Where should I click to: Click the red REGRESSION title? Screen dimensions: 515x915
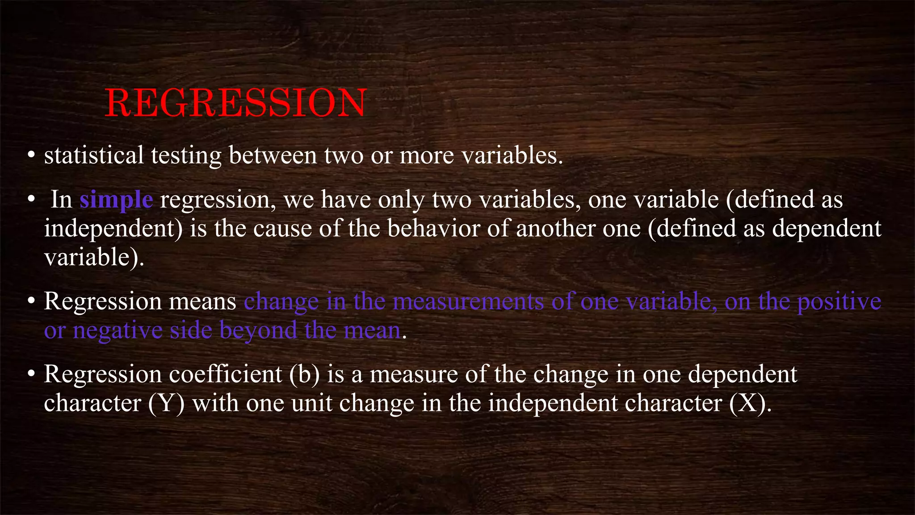point(235,103)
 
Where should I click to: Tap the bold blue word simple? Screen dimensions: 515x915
point(116,199)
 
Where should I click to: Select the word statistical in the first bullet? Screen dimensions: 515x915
point(94,156)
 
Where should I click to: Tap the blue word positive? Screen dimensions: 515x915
point(839,302)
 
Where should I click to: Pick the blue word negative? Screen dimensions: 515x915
point(118,331)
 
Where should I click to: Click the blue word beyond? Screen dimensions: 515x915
point(258,331)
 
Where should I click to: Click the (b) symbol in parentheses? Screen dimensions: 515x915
point(305,375)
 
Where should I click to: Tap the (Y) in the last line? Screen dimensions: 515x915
point(166,403)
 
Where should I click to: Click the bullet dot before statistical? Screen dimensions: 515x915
point(31,156)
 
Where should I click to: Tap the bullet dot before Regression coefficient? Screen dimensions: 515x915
point(31,375)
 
